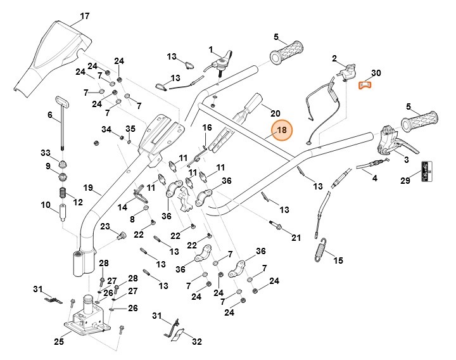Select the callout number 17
tap(85, 15)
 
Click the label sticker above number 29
tap(427, 169)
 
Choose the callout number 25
tap(58, 342)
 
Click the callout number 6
tap(49, 115)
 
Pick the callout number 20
tap(275, 113)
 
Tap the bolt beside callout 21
tap(277, 225)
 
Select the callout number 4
tap(374, 179)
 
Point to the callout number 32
tap(197, 342)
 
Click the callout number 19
tap(88, 188)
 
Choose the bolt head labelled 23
tap(119, 236)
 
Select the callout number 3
tap(406, 160)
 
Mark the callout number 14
tap(122, 207)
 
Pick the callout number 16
tap(206, 127)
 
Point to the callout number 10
tap(45, 205)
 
